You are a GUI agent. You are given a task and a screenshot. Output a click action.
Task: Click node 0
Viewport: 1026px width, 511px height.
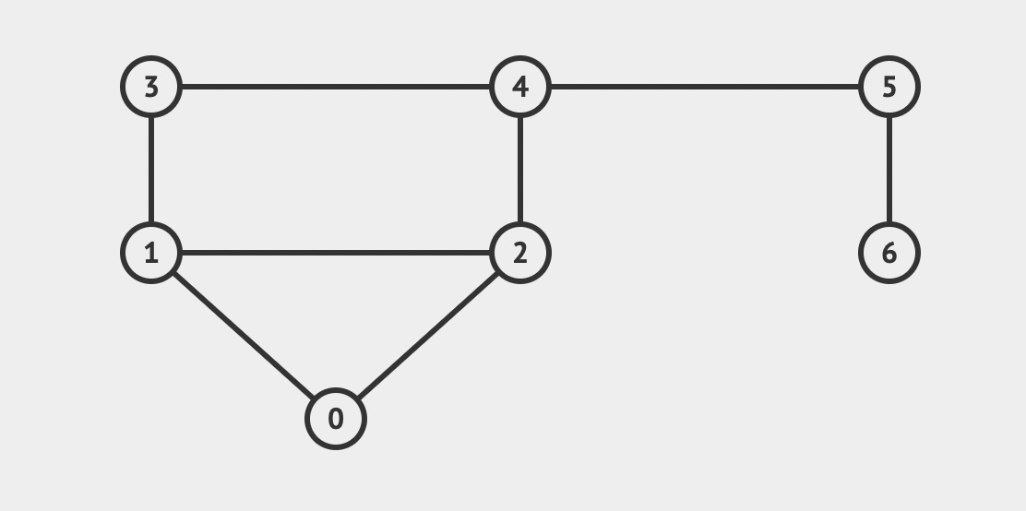(336, 419)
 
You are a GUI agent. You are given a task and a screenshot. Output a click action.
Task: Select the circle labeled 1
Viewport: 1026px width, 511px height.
(151, 253)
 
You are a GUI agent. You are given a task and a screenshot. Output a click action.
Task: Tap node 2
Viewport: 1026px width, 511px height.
(520, 253)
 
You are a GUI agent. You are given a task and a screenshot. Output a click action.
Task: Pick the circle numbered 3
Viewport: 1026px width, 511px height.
(151, 87)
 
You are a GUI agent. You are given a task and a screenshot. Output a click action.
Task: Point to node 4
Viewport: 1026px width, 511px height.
(520, 87)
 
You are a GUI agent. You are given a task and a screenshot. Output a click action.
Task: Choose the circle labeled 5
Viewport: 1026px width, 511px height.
(889, 87)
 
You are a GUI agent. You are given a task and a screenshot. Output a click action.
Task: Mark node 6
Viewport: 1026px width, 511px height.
(889, 253)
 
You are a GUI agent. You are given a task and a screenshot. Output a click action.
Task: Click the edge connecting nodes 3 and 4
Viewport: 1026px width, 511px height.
(336, 87)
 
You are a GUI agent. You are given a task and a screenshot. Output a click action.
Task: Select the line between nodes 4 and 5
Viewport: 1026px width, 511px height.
(705, 87)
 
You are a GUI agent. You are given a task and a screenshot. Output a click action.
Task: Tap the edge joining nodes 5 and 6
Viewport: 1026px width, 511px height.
(889, 170)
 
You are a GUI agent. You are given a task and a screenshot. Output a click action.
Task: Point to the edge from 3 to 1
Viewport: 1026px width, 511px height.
(151, 170)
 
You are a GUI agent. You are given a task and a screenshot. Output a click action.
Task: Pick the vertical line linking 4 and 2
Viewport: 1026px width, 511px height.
(520, 170)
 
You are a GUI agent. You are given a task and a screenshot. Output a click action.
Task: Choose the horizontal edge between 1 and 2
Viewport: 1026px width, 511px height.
(336, 253)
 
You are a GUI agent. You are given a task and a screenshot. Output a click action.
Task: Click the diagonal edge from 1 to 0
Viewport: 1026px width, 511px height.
(244, 336)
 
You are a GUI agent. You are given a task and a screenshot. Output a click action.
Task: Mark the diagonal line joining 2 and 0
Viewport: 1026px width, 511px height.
(428, 336)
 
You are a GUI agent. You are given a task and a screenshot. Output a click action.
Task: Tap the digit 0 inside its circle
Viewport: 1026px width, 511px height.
(336, 419)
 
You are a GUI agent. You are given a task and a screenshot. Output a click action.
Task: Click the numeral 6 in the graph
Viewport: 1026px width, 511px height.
(889, 253)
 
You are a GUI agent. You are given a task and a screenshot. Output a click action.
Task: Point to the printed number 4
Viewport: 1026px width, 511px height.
(520, 87)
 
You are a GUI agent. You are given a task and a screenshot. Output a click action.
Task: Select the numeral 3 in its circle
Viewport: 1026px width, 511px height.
(151, 87)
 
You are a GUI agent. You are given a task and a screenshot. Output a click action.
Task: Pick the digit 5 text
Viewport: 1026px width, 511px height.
(889, 87)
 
